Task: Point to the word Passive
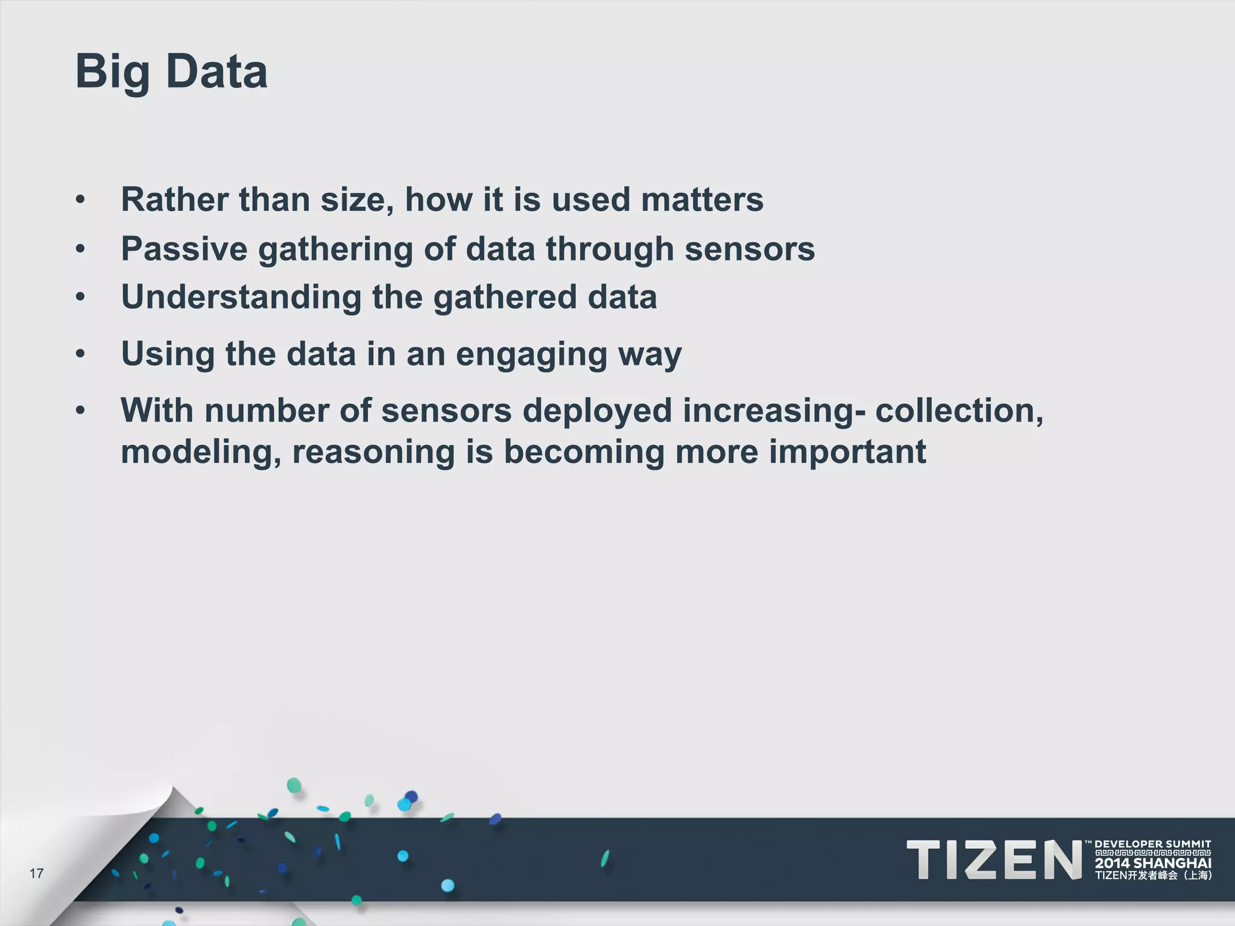184,249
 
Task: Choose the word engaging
531,354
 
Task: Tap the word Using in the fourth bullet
168,354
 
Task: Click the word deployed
597,411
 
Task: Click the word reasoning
373,453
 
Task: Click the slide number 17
36,874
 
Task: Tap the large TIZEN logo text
994,860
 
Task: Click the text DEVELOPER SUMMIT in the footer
1152,844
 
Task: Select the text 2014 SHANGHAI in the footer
1152,863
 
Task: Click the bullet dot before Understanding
80,297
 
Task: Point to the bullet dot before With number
80,411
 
